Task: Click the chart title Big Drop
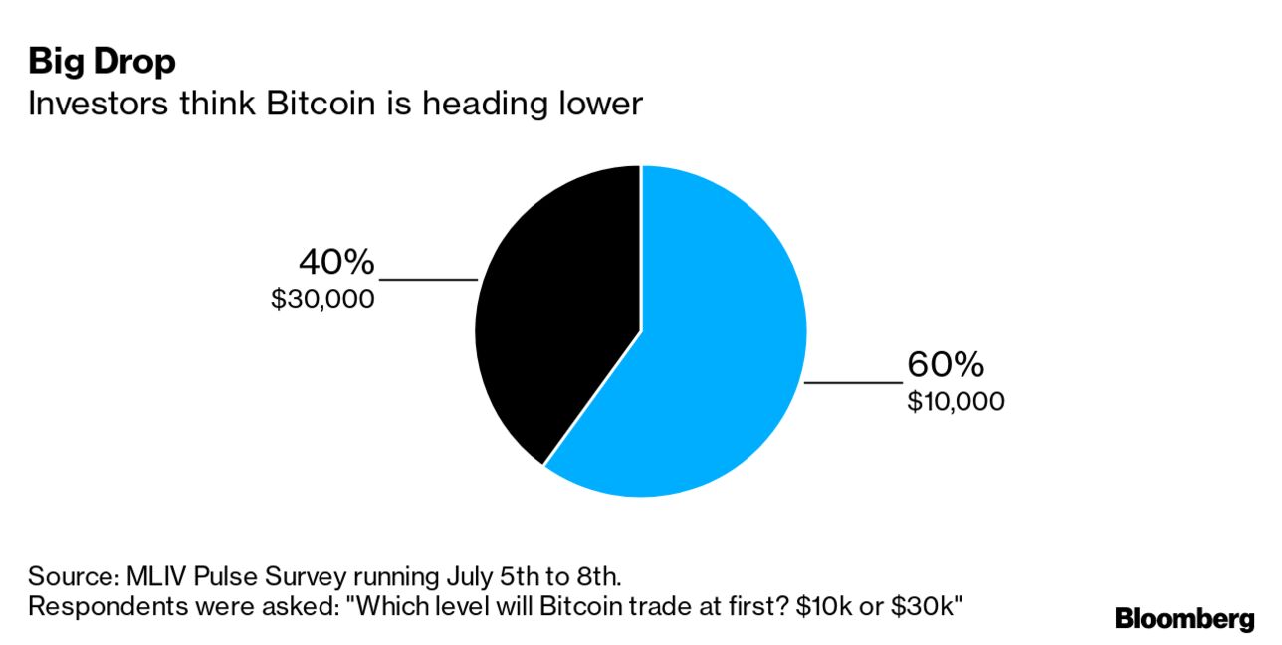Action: click(102, 62)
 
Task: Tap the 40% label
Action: click(336, 263)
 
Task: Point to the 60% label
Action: click(945, 365)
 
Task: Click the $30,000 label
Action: click(322, 298)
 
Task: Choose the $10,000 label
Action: click(956, 401)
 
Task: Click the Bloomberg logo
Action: click(1184, 619)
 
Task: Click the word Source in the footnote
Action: click(71, 576)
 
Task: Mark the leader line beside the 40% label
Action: click(428, 280)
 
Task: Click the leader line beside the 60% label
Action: click(852, 382)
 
